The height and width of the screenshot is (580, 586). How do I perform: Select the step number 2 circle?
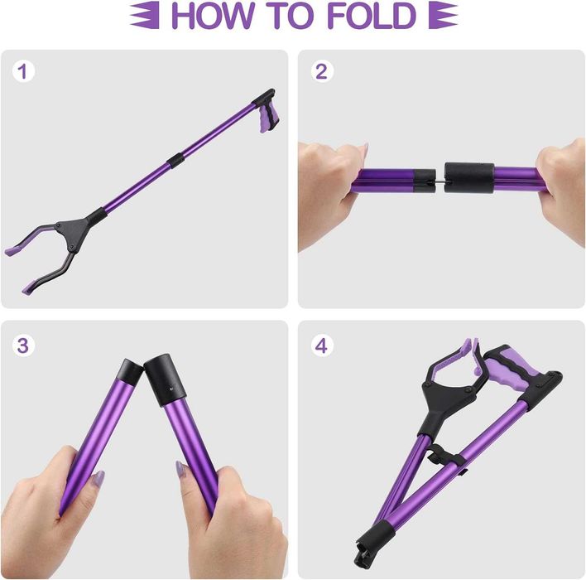pyautogui.click(x=321, y=71)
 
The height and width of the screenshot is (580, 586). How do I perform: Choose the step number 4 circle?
pyautogui.click(x=321, y=345)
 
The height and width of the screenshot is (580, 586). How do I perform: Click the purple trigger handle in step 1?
pyautogui.click(x=266, y=121)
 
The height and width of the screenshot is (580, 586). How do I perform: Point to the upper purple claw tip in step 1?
pyautogui.click(x=14, y=248)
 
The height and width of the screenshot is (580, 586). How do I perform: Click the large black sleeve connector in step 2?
pyautogui.click(x=469, y=176)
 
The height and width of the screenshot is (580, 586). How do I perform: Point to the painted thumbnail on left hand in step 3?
pyautogui.click(x=98, y=479)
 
